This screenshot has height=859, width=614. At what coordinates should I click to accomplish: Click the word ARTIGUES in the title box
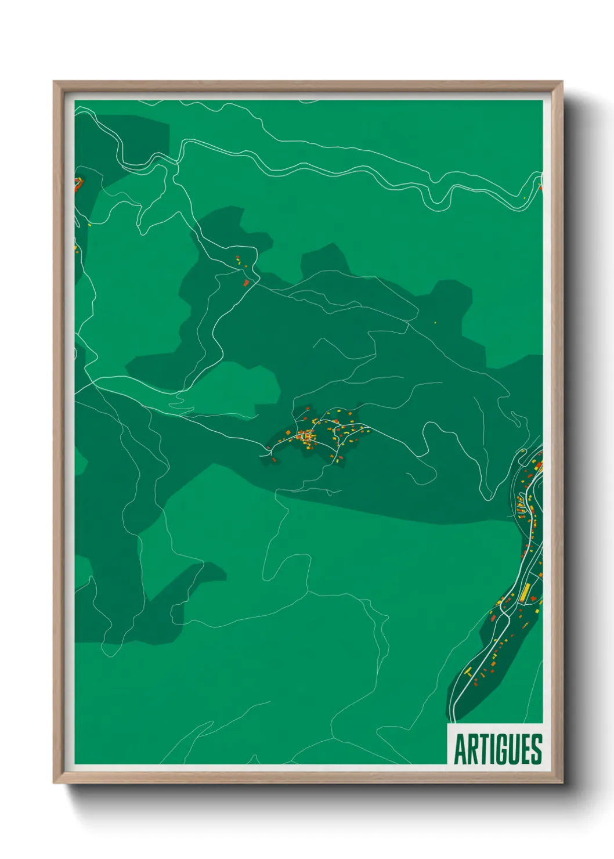497,749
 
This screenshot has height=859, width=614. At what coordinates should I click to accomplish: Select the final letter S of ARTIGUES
537,749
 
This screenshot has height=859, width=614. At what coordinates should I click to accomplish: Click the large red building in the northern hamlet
246,283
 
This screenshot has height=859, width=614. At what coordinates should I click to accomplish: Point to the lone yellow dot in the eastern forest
435,322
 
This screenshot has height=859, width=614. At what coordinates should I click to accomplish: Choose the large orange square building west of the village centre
287,432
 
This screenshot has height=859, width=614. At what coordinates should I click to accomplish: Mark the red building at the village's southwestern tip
274,460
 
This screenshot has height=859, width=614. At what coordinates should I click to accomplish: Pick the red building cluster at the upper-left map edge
77,185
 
